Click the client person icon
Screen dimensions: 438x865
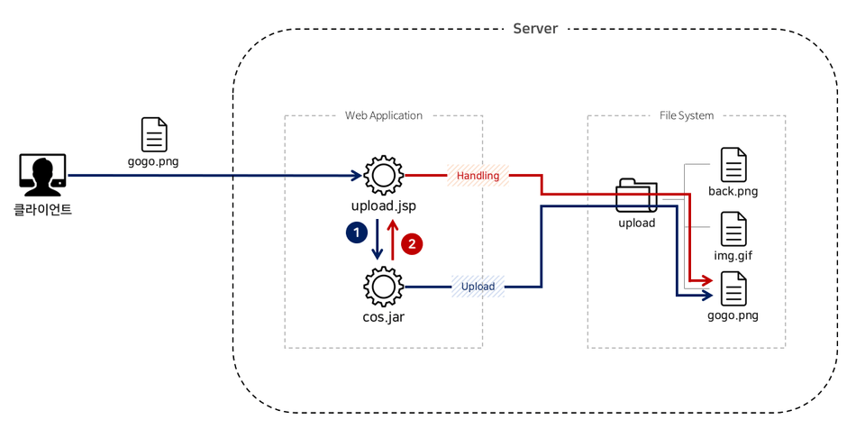pos(42,175)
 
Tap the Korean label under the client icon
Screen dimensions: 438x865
pos(42,210)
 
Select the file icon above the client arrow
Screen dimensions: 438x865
pos(154,135)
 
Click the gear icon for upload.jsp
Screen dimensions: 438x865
pos(383,175)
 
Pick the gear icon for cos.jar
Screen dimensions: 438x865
pos(383,287)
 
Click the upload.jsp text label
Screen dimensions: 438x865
pos(383,206)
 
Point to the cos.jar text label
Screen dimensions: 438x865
pos(383,316)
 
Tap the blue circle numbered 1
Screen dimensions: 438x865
pos(357,233)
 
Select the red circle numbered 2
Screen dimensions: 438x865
pos(412,243)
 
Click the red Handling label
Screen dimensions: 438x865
pos(478,176)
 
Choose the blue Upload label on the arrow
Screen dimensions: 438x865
pos(478,287)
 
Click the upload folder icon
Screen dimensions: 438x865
pos(636,196)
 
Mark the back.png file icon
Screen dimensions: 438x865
pos(733,166)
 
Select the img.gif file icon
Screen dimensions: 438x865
pos(733,230)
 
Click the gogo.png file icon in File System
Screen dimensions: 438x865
pos(733,289)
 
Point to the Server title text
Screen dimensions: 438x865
pos(535,29)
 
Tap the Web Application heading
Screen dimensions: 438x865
pos(383,115)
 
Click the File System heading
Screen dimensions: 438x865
pos(686,115)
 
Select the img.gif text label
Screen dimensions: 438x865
pos(733,256)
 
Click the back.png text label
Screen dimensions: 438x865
pos(733,191)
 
